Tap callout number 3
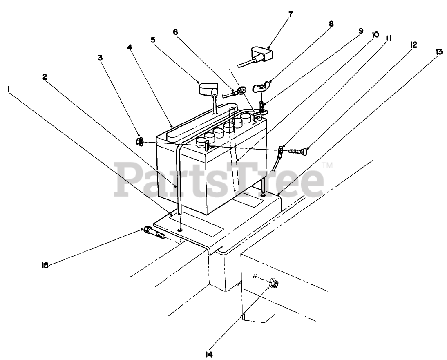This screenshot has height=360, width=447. pos(100,58)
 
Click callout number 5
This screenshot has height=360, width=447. pos(152,40)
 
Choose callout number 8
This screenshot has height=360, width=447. pos(331,23)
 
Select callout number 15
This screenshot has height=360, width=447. pos(45,265)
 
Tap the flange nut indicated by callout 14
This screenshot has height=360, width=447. pos(274,282)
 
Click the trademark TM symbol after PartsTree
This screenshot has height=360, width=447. pos(328,165)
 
